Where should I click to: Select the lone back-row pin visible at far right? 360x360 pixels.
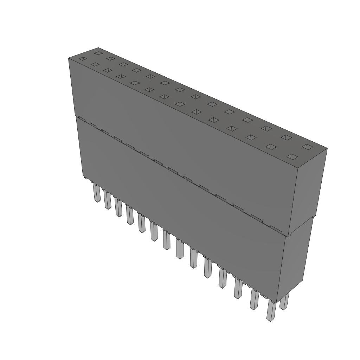pyautogui.click(x=284, y=301)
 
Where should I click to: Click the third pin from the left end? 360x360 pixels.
pyautogui.click(x=118, y=207)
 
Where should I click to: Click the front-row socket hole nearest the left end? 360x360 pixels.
pyautogui.click(x=82, y=59)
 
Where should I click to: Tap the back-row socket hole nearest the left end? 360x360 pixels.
pyautogui.click(x=98, y=53)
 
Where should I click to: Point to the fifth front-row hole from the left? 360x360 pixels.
pyautogui.click(x=134, y=83)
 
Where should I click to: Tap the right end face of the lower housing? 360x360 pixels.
pyautogui.click(x=295, y=260)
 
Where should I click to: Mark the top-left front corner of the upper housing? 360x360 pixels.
pyautogui.click(x=68, y=58)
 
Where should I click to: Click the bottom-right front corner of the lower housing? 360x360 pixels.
pyautogui.click(x=277, y=302)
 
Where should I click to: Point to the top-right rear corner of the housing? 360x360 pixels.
pyautogui.click(x=327, y=148)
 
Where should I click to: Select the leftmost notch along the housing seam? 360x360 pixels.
pyautogui.click(x=81, y=118)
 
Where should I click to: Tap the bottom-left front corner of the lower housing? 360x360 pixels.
pyautogui.click(x=83, y=176)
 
